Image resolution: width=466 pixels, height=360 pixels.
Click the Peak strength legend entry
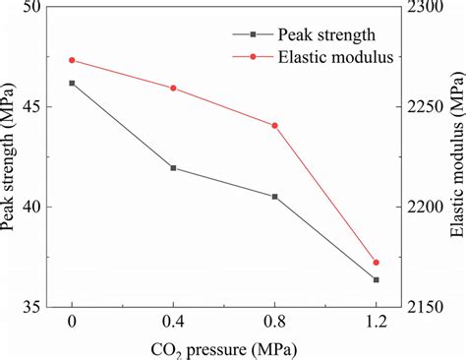tap(339, 33)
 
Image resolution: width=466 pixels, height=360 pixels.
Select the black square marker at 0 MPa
tap(72, 84)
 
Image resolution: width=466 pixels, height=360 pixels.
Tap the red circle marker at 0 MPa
tap(72, 60)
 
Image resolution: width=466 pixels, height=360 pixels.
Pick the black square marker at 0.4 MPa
tap(174, 168)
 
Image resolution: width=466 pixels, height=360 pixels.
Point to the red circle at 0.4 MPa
tap(174, 89)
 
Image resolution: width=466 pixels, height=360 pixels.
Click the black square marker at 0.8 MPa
tap(275, 197)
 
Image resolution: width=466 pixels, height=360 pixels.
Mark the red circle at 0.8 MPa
tap(275, 126)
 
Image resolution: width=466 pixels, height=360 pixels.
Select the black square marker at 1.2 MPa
tap(377, 280)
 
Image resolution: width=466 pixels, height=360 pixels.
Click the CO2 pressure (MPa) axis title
tap(223, 348)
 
